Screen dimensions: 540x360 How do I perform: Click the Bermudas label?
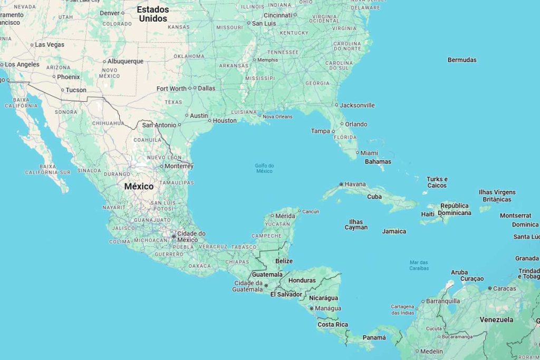[462, 60]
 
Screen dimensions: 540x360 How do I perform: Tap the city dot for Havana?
[341, 184]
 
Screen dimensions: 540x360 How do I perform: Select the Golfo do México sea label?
[264, 168]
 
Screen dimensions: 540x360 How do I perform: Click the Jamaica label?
[394, 231]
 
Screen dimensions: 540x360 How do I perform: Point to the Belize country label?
[284, 261]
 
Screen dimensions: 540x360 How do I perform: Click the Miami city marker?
[357, 153]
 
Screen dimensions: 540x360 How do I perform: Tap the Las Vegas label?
[50, 45]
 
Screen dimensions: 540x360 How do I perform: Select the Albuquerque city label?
[126, 61]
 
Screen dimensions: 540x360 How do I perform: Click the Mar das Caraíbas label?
[419, 265]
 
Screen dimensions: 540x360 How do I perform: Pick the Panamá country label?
[374, 337]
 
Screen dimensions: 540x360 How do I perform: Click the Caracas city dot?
[489, 288]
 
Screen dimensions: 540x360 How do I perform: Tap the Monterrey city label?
[179, 166]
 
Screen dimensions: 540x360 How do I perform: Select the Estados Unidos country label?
[153, 14]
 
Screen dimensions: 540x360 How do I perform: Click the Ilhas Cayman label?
[356, 225]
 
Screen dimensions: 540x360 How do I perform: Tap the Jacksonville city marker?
[336, 105]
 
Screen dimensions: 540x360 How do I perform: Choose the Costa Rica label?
[333, 325]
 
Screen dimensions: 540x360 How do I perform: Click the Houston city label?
[225, 121]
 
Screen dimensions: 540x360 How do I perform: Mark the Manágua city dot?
[312, 308]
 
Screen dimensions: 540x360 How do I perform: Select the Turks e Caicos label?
[437, 182]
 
